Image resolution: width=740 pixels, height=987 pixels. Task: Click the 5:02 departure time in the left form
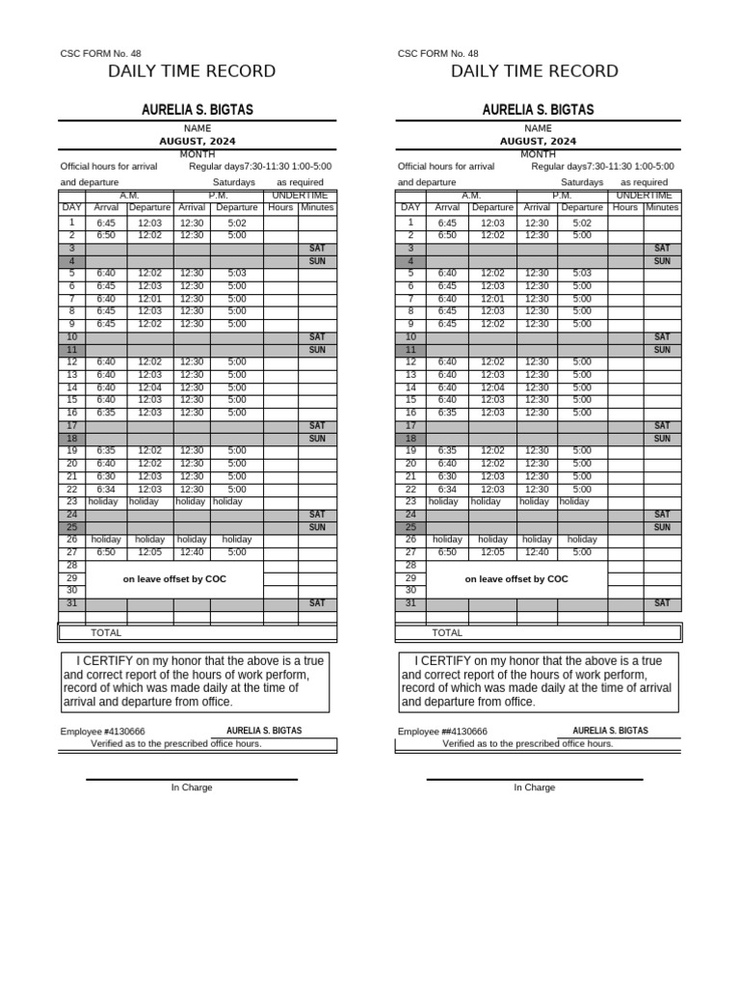(237, 223)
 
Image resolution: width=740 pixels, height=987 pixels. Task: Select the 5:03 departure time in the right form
(582, 274)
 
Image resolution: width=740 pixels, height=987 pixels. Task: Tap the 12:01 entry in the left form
(149, 299)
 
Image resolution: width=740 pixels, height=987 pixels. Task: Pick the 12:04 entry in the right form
(492, 387)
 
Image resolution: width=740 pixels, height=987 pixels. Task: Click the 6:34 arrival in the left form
(106, 489)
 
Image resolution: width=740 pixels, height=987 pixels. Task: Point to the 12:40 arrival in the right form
(537, 552)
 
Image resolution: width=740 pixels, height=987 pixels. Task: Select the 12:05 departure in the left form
(149, 552)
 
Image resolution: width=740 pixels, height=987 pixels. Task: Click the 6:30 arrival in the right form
(448, 476)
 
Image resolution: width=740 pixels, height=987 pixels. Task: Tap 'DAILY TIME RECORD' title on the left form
(192, 71)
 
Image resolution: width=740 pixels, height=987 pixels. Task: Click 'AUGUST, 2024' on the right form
(538, 141)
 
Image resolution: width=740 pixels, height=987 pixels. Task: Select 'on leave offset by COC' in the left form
(174, 579)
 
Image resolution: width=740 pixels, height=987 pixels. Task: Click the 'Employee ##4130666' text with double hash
(442, 732)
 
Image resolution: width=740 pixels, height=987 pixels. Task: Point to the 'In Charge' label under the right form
(534, 787)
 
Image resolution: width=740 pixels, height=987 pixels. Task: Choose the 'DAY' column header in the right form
(410, 207)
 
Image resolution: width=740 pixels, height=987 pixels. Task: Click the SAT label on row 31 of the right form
(662, 603)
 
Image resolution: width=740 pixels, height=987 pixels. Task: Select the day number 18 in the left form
(71, 439)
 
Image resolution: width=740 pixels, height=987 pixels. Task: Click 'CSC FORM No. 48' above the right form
(437, 54)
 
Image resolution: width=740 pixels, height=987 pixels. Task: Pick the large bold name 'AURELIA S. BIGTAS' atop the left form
(198, 110)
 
